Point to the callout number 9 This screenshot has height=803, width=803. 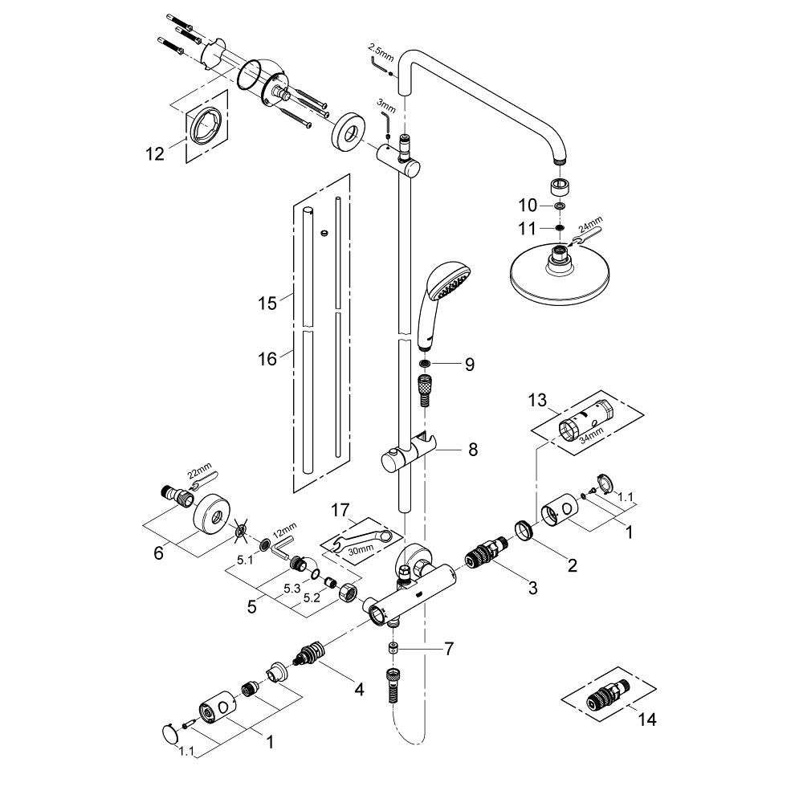tap(469, 365)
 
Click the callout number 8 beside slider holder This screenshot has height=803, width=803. tap(472, 450)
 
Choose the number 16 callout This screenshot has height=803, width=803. tap(267, 358)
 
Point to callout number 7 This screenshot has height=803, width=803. tap(449, 646)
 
